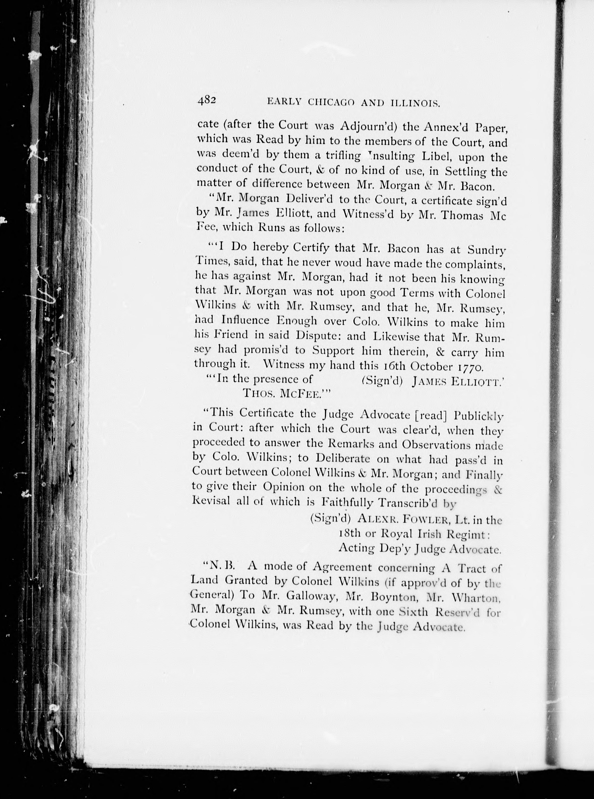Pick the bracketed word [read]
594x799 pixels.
[431, 415]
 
